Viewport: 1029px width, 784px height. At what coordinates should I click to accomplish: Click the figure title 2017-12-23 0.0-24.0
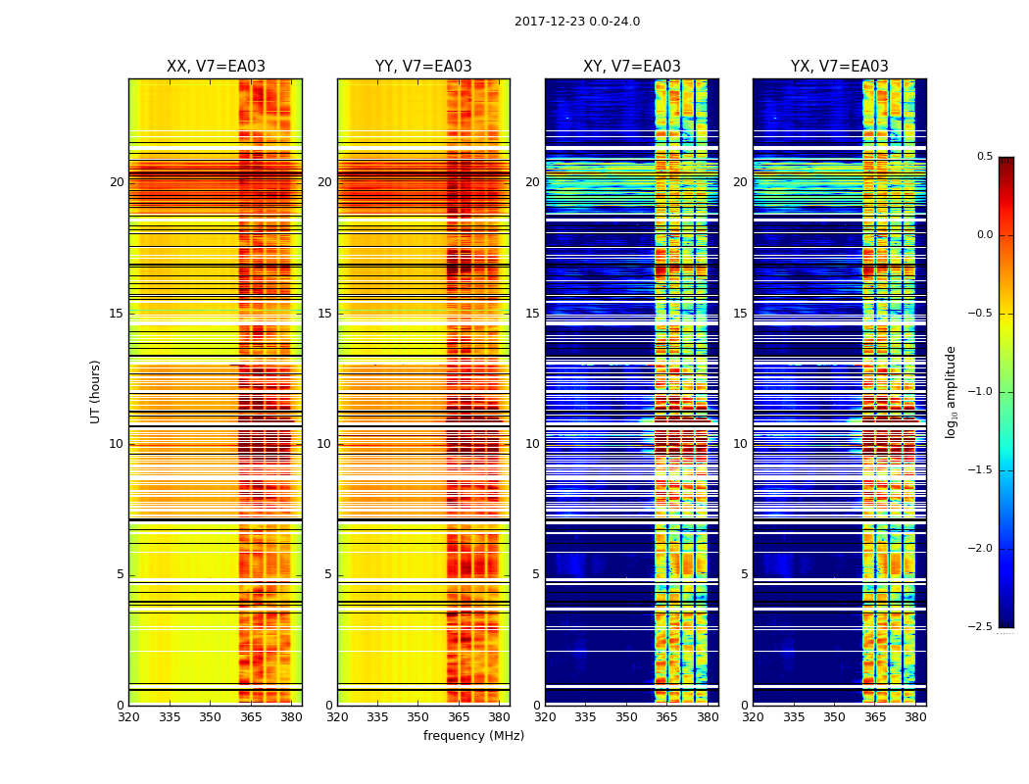[577, 22]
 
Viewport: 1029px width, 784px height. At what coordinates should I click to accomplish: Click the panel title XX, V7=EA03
[216, 67]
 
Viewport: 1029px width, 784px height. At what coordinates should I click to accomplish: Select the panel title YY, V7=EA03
[423, 67]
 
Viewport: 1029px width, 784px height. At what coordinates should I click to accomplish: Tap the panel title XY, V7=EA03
[631, 67]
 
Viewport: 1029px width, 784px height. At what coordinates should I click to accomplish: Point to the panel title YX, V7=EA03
[839, 67]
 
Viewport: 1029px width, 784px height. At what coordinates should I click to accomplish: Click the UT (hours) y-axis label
[96, 391]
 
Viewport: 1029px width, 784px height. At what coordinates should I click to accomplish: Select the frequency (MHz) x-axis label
[473, 736]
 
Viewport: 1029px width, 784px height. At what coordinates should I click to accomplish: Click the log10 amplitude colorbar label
[951, 392]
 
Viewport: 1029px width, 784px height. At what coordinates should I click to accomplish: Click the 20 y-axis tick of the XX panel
[117, 182]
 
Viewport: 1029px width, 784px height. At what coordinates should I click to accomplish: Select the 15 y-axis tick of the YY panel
[324, 314]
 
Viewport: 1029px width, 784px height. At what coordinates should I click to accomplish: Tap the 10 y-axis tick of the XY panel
[532, 444]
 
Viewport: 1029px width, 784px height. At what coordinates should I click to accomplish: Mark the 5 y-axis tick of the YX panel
[744, 574]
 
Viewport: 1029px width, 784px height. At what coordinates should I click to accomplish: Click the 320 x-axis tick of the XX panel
[128, 717]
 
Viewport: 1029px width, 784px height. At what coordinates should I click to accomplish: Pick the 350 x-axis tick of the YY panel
[418, 717]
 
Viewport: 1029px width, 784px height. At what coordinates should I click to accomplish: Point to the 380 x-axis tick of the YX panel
[915, 717]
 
